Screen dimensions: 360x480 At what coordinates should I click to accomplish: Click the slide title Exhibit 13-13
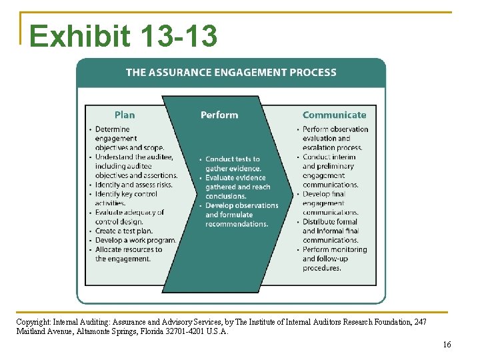(x=123, y=36)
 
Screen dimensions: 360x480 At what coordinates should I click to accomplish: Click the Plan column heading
(x=124, y=115)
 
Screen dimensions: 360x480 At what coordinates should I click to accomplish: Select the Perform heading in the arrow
(x=219, y=115)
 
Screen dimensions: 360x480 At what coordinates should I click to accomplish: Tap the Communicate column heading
(x=334, y=115)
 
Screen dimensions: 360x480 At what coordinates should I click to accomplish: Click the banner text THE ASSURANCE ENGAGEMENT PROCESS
(x=231, y=72)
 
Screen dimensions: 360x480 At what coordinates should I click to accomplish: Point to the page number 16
(x=447, y=344)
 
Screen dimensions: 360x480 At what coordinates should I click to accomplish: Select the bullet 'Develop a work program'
(x=135, y=240)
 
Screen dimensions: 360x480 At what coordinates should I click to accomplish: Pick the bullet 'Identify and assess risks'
(x=133, y=185)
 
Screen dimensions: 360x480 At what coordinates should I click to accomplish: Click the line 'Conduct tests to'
(x=233, y=159)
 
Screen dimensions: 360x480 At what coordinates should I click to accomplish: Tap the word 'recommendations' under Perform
(x=237, y=224)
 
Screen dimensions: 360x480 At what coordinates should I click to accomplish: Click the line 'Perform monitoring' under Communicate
(x=335, y=249)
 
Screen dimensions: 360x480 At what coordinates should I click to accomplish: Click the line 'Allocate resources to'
(x=128, y=249)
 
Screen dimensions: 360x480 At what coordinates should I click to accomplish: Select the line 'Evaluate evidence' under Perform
(x=235, y=178)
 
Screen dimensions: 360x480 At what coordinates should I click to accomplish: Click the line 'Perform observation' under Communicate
(x=335, y=129)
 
